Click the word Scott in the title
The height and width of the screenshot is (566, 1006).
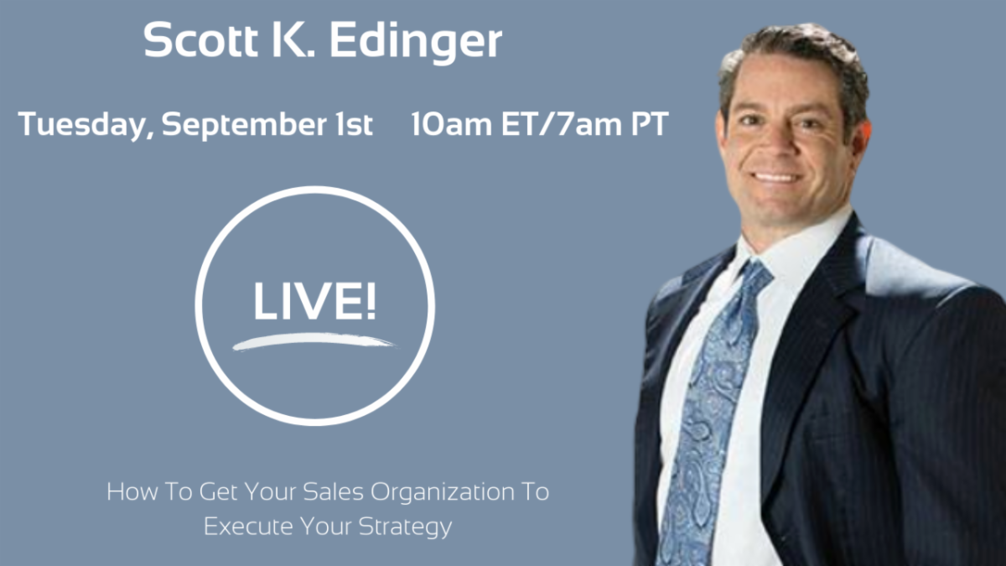[x=200, y=40]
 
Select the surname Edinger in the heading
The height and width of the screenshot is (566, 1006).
[x=416, y=43]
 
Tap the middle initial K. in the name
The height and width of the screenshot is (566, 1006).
[x=293, y=40]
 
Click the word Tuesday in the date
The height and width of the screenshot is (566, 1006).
[x=86, y=124]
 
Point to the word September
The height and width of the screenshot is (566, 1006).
[x=244, y=124]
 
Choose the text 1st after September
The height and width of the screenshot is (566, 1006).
[x=355, y=124]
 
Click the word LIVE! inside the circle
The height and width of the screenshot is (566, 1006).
[x=314, y=300]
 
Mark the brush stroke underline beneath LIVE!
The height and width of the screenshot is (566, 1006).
[x=314, y=340]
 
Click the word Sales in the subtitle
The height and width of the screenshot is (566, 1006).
[x=334, y=491]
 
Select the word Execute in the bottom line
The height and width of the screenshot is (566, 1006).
[x=248, y=526]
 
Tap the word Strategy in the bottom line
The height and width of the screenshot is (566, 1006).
[x=406, y=527]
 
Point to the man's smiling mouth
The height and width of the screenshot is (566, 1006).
[x=776, y=178]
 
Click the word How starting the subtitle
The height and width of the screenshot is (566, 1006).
[x=132, y=491]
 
